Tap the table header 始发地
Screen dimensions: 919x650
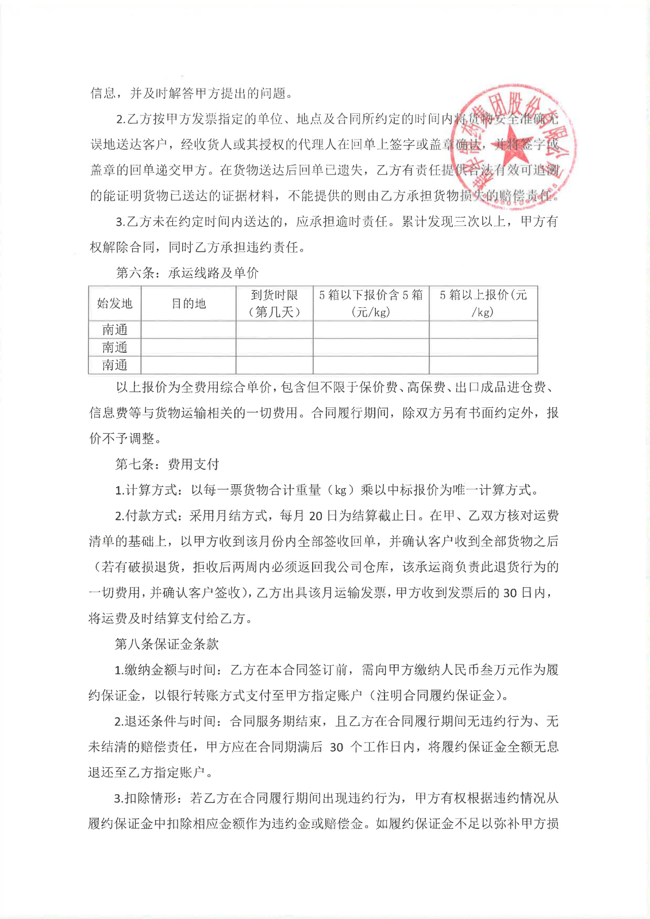pyautogui.click(x=114, y=303)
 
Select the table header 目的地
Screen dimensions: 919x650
pyautogui.click(x=189, y=303)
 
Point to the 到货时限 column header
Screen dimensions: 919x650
pyautogui.click(x=274, y=303)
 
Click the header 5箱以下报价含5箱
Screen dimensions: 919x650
pyautogui.click(x=371, y=303)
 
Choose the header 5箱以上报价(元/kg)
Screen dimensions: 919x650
pyautogui.click(x=483, y=303)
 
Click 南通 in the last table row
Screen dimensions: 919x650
pyautogui.click(x=114, y=365)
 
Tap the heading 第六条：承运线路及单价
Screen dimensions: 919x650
pyautogui.click(x=187, y=273)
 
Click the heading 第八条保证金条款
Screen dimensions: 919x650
pyautogui.click(x=167, y=644)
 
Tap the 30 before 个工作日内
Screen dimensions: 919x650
pyautogui.click(x=336, y=747)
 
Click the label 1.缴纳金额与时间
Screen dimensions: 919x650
pyautogui.click(x=167, y=670)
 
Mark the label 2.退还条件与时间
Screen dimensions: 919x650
pyautogui.click(x=167, y=721)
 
